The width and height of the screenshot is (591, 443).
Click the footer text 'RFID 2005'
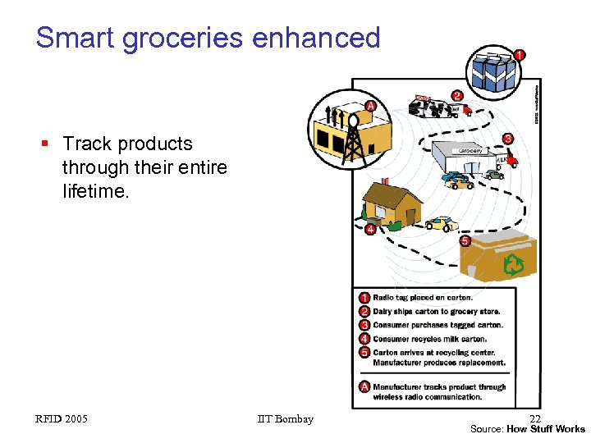tap(62, 419)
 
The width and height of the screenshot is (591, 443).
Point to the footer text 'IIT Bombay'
tap(285, 419)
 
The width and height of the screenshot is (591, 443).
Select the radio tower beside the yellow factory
tap(354, 140)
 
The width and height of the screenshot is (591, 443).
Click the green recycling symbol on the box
tap(514, 264)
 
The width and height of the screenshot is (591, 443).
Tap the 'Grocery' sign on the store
tap(470, 151)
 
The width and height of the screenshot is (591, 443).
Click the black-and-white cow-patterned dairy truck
tap(436, 107)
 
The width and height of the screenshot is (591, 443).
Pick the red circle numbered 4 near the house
tap(370, 230)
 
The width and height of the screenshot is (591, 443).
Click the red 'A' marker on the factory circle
tap(370, 106)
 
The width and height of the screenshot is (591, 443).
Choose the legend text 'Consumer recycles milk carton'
tap(429, 339)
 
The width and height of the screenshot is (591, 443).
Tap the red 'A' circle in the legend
tap(364, 387)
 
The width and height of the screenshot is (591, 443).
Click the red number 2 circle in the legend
tap(364, 311)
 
